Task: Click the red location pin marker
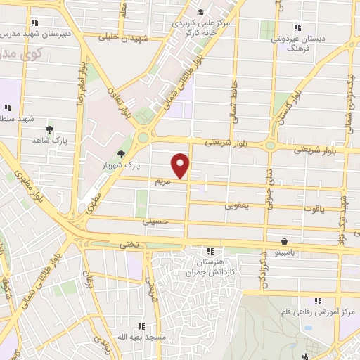181,165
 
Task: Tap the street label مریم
163,181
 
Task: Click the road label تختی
124,245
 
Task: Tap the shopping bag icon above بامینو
283,240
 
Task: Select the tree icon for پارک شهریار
122,155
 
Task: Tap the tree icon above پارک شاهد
49,129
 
